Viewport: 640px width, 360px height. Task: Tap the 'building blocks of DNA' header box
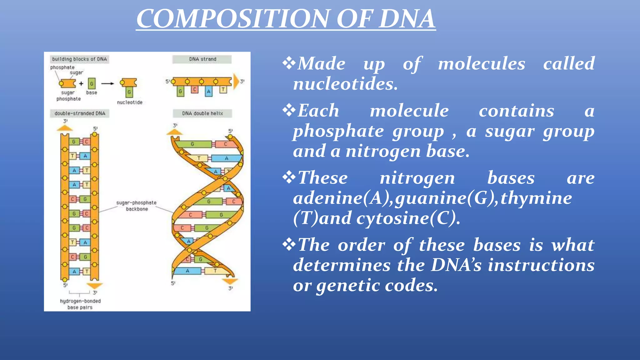[x=79, y=59]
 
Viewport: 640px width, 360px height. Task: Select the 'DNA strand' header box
[x=202, y=59]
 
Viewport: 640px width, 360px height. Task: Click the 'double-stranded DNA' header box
[x=80, y=113]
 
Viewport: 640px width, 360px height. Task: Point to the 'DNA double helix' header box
[x=202, y=113]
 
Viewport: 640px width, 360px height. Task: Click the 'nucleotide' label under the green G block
[x=129, y=102]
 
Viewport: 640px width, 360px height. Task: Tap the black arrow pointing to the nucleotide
[x=107, y=83]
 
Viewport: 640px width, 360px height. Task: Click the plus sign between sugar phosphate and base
[x=81, y=83]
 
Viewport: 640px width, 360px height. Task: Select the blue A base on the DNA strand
[x=208, y=92]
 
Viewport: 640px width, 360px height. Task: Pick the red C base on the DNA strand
[x=194, y=90]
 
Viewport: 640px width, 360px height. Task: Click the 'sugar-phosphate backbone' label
[x=136, y=206]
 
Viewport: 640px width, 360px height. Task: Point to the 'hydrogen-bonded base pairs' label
[x=80, y=304]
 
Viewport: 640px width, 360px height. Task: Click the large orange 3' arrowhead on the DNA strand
[x=236, y=82]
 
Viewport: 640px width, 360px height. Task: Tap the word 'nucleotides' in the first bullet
[x=345, y=84]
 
